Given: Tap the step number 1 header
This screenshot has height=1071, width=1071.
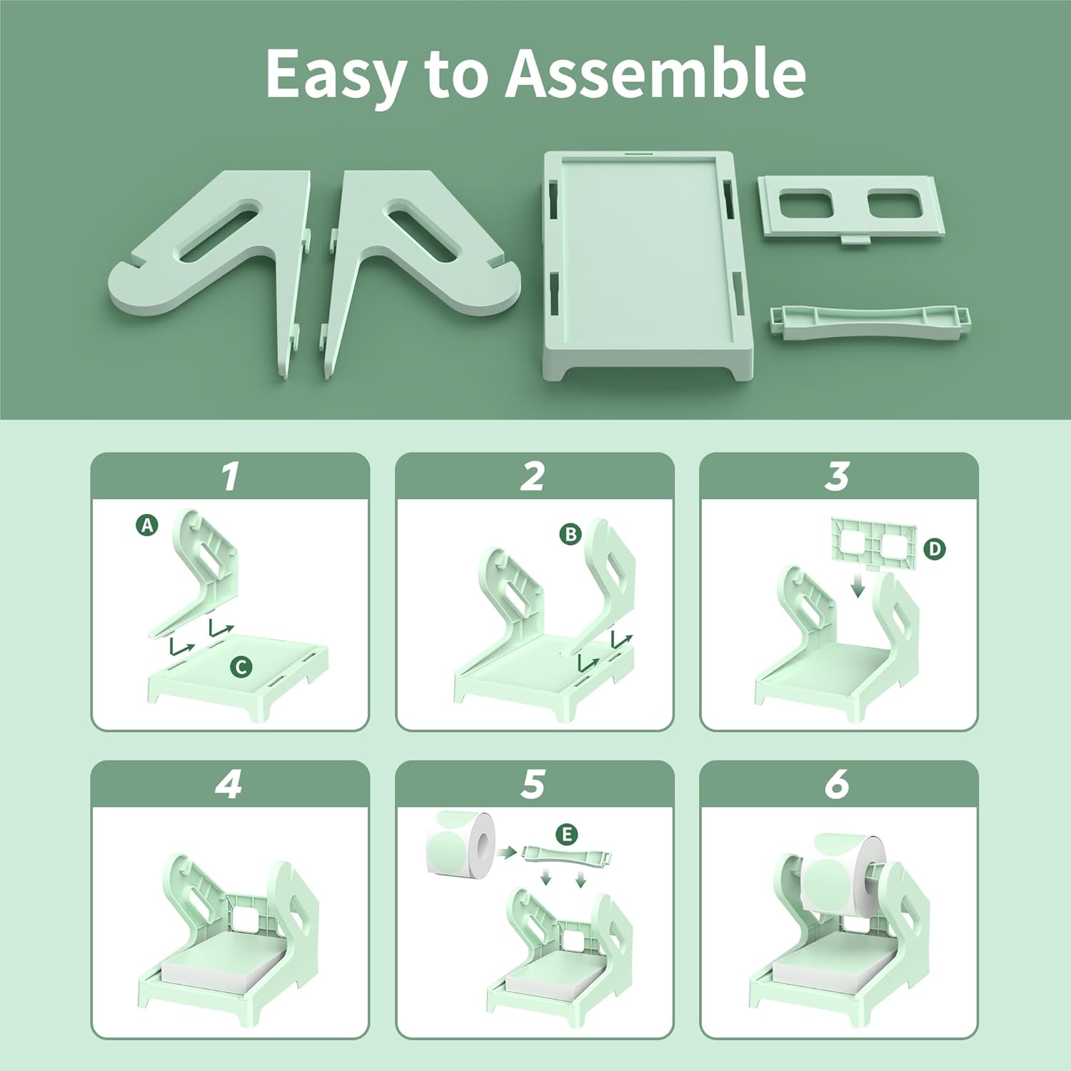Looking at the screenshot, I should point(230,476).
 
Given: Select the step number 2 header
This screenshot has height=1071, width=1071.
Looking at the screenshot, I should point(533,476).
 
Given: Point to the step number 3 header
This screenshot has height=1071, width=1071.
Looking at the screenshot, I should point(838,476).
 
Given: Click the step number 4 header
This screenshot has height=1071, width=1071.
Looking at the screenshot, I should point(229,784).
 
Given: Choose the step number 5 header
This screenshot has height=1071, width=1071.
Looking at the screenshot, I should point(533,784).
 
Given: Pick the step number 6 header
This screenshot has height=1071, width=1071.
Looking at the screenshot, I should point(838,784).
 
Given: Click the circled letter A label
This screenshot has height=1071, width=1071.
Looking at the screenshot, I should point(147,526).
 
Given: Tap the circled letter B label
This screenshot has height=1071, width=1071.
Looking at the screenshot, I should point(570,534).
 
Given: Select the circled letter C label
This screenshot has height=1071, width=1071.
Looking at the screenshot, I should point(241,667).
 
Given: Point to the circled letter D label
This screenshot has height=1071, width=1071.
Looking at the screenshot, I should point(934,549).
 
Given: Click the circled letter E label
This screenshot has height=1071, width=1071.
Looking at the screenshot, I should point(567,834).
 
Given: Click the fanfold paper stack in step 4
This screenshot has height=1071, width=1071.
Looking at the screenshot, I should point(214,972).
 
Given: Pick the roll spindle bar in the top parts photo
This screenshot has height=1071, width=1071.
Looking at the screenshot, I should point(870,321).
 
